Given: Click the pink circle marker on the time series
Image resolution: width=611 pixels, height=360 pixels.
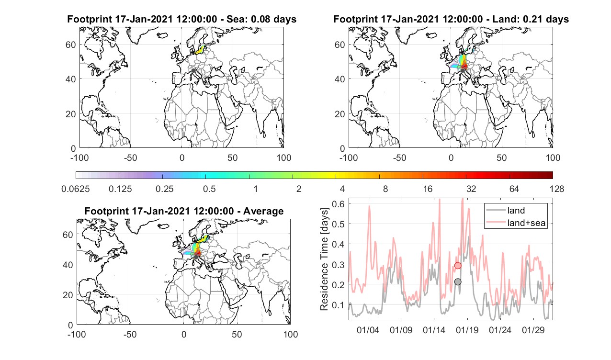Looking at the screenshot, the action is [458, 265].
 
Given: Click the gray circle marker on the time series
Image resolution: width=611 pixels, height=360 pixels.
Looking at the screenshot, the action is [458, 281].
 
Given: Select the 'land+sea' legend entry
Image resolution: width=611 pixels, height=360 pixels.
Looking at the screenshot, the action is [516, 223].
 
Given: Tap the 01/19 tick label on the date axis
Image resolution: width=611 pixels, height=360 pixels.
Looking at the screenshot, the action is [467, 330].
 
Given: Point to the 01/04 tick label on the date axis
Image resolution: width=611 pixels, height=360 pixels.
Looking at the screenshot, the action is [368, 330].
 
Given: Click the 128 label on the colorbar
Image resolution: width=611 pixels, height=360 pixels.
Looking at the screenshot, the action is [556, 189].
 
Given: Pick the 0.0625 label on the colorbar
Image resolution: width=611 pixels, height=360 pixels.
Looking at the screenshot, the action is [76, 189].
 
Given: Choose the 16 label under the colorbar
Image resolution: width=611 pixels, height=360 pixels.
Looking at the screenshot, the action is [428, 189].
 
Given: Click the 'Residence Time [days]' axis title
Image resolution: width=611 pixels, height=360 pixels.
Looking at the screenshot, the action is [324, 259].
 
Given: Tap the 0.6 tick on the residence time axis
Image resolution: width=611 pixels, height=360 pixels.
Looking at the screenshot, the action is [338, 204].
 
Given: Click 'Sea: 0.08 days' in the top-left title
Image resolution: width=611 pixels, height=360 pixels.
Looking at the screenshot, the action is [261, 19].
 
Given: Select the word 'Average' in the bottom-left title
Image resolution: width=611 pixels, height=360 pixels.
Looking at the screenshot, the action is [263, 211].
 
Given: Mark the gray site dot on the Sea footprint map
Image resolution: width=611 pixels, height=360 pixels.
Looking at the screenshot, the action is [193, 71].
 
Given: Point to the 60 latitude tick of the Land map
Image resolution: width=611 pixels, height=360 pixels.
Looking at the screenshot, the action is [339, 45].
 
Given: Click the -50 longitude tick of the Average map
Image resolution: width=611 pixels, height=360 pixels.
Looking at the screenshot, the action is [130, 334].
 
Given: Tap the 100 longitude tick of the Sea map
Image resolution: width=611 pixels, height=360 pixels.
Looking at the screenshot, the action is [284, 157].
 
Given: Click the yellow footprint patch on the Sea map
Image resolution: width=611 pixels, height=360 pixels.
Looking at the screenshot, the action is [199, 50].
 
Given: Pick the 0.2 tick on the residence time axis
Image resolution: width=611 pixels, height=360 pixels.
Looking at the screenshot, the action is [338, 284].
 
